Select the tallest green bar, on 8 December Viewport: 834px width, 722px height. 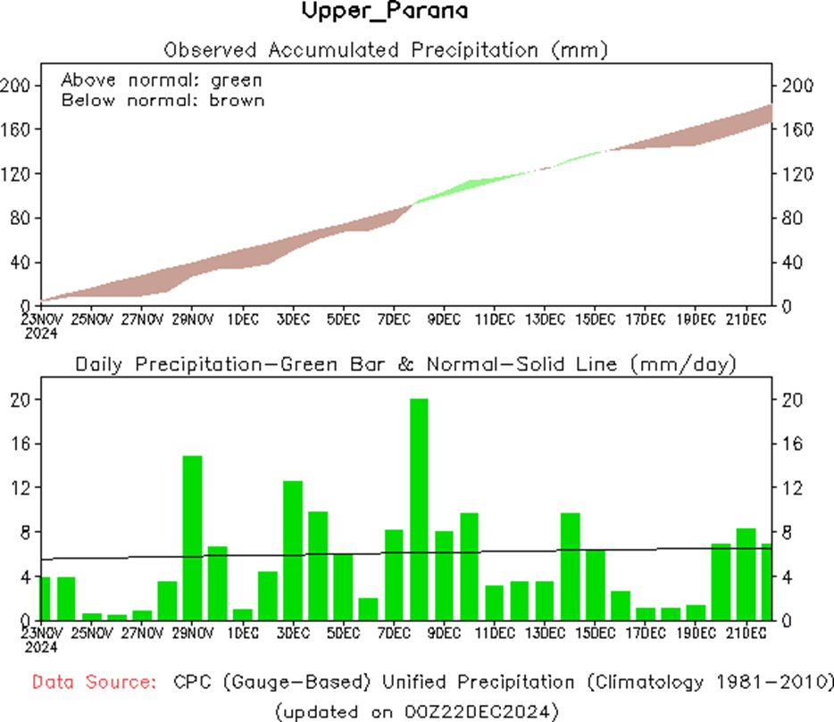point(419,509)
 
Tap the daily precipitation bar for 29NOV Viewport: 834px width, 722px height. point(192,537)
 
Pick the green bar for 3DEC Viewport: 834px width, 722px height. point(293,550)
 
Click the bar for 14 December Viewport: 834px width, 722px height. point(571,566)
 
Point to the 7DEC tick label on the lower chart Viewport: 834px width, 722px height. point(394,633)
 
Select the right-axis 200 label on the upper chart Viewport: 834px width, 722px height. point(796,85)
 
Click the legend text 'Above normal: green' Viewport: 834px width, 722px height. point(162,80)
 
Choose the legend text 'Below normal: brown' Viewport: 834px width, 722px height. point(163,100)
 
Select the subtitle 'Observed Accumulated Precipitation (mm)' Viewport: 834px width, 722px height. point(386,49)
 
